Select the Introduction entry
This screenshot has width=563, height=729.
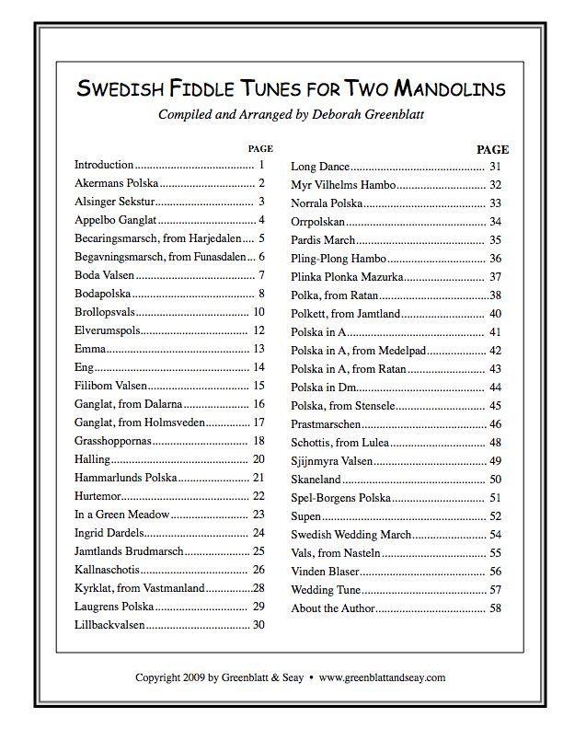[104, 165]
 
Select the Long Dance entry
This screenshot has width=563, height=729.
[320, 167]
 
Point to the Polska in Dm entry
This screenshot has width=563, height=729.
[324, 387]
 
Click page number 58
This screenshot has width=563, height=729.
[495, 607]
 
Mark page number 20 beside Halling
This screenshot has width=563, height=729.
[259, 459]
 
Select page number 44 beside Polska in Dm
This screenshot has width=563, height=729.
[495, 387]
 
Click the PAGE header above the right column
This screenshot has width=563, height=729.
[492, 149]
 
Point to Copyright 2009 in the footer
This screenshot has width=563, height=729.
[169, 677]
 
